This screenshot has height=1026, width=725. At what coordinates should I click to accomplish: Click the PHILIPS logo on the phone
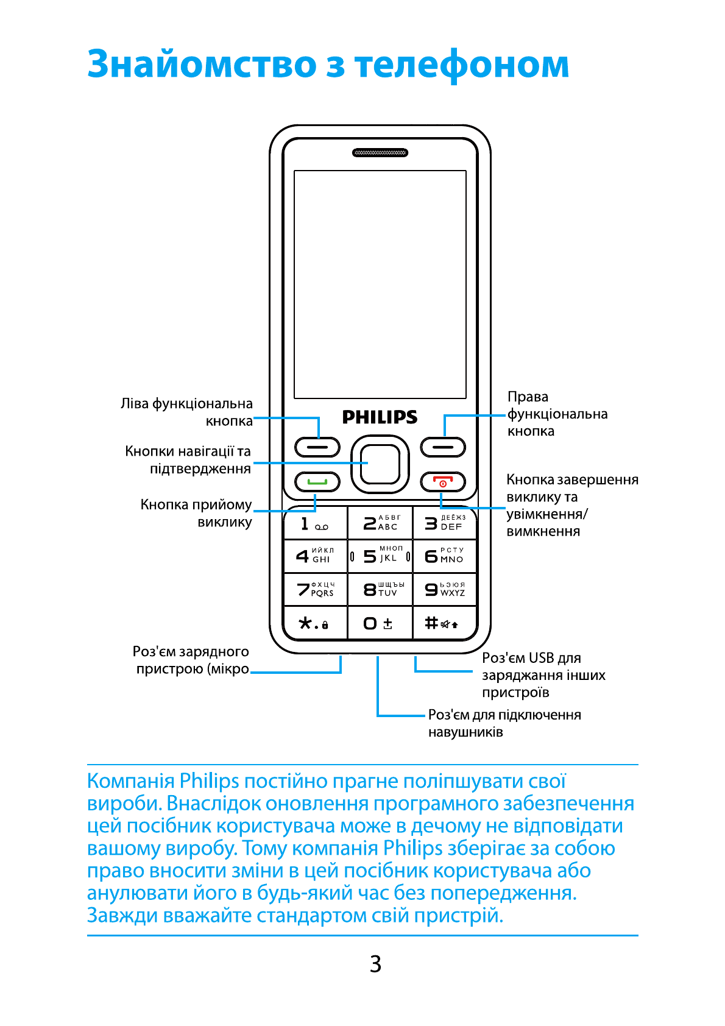coord(380,417)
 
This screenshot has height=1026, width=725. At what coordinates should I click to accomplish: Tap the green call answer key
coord(317,482)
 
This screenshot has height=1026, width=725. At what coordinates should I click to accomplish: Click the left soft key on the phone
coord(317,447)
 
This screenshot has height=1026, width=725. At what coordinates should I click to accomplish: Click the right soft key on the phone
coord(443,447)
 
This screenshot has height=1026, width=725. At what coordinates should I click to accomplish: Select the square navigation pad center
coord(380,464)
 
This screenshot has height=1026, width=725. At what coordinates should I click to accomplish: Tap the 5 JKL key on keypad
coord(380,556)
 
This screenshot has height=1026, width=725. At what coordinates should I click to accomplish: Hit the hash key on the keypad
coord(443,623)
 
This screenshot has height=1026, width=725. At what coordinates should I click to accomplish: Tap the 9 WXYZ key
coord(444,589)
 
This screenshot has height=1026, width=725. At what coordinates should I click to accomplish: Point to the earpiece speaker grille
coord(380,152)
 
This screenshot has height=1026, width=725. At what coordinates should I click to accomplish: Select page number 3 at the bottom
coord(375,964)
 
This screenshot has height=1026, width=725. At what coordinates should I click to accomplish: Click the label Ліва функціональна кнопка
coord(186,412)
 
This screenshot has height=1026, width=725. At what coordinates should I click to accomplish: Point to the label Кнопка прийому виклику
coord(196,513)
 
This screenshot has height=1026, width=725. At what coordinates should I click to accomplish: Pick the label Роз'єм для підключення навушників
coord(504,723)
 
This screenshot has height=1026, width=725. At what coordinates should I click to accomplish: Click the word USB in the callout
coord(541,658)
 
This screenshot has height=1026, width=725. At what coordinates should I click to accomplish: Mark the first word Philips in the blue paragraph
coord(209,781)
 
